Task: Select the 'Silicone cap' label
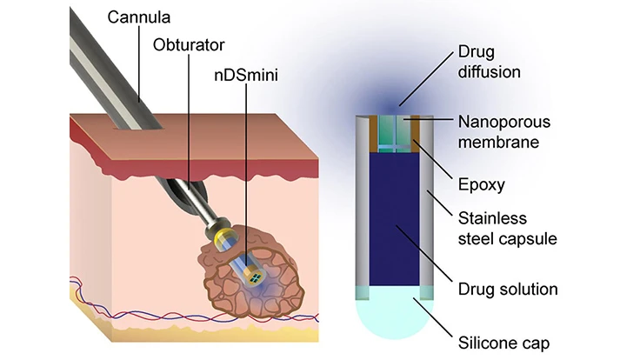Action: tap(504, 342)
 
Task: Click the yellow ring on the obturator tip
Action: tap(218, 233)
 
